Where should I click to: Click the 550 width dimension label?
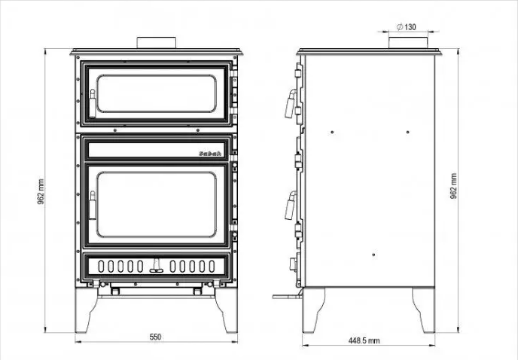click(155, 337)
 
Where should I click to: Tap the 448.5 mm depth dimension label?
click(364, 340)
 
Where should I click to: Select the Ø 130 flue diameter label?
click(407, 27)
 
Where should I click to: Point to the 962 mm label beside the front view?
click(41, 191)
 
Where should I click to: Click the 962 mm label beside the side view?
click(453, 186)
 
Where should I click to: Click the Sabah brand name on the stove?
click(210, 154)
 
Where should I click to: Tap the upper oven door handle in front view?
click(93, 103)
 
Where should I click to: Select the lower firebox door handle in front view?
click(93, 205)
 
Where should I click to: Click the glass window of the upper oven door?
click(157, 93)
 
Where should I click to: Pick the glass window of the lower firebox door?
click(157, 204)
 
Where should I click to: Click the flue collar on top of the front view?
click(157, 43)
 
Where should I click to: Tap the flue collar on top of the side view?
click(408, 43)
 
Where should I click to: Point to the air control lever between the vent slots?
click(157, 266)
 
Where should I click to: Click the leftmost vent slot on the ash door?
click(101, 266)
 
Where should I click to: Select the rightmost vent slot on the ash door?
click(212, 266)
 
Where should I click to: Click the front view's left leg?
click(85, 310)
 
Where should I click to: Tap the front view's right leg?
click(227, 310)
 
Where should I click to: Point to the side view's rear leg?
click(425, 310)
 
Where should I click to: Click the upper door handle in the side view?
click(291, 103)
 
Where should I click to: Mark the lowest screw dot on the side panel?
click(373, 255)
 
